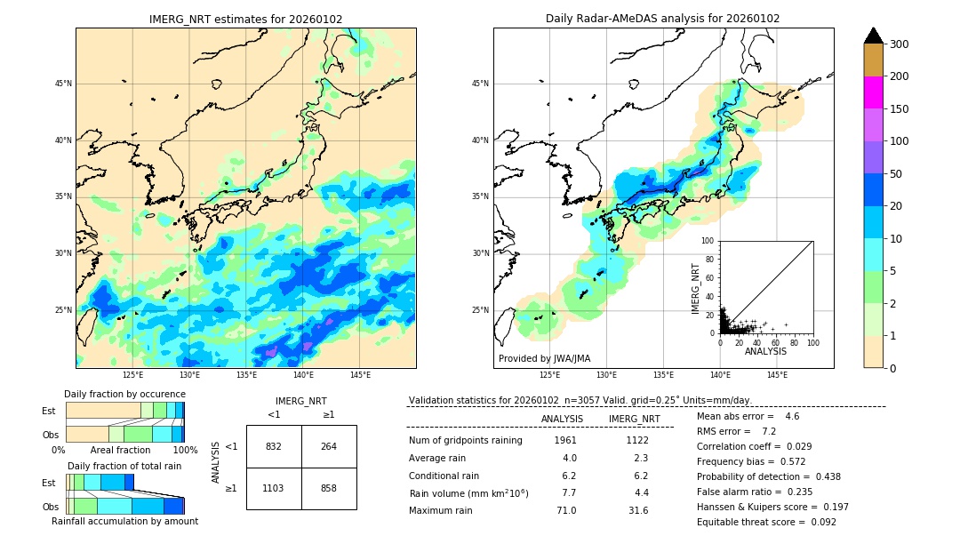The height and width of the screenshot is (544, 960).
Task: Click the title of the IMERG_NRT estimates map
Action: [245, 19]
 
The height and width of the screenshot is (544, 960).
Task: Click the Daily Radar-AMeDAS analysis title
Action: [662, 19]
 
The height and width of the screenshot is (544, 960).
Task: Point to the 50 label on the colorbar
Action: [899, 173]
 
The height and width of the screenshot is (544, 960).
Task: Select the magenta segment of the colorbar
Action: [873, 92]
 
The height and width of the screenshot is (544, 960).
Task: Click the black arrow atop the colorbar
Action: [873, 36]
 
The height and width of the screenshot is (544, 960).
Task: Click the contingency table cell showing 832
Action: [274, 446]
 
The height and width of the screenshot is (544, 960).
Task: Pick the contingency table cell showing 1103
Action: [274, 488]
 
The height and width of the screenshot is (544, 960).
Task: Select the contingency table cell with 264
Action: [329, 446]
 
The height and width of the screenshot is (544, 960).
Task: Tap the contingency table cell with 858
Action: [329, 488]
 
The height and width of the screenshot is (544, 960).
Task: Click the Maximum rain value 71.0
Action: [566, 510]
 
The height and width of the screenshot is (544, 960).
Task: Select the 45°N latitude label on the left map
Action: [63, 84]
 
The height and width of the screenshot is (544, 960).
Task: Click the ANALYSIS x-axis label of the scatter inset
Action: [765, 351]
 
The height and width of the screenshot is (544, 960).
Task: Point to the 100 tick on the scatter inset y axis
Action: [708, 241]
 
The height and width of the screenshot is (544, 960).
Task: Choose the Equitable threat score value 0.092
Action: [820, 522]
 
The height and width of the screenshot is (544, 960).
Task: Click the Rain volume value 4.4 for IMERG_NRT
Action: [641, 492]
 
